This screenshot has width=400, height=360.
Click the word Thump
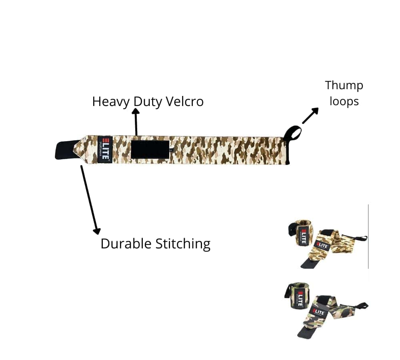click(344, 85)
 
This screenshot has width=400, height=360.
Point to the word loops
click(344, 101)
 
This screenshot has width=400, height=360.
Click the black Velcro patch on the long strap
click(150, 150)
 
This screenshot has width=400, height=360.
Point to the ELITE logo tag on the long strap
click(105, 150)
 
